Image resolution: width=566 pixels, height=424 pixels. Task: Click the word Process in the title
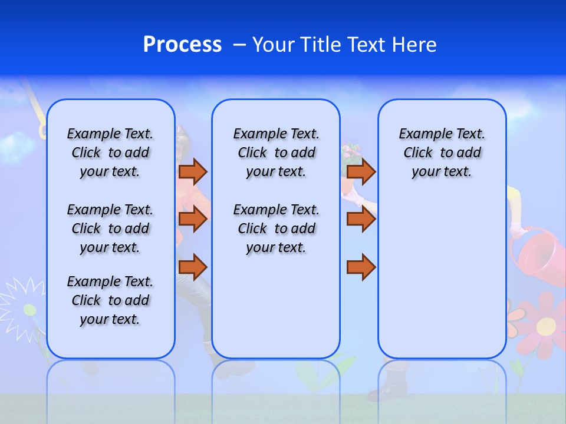(x=182, y=45)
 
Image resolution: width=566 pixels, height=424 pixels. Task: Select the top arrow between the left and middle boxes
(x=193, y=171)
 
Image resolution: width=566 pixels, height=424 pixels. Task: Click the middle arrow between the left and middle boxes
(x=193, y=219)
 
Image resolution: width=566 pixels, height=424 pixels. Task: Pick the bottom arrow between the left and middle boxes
(x=193, y=267)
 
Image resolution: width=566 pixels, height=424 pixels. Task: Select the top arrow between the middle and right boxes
(x=361, y=171)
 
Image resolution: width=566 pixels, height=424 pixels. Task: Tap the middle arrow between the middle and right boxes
(x=361, y=219)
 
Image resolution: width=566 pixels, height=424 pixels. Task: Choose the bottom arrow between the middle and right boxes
(x=361, y=267)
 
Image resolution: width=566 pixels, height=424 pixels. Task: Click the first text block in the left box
(x=110, y=153)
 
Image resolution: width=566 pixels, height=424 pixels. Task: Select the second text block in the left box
(x=110, y=228)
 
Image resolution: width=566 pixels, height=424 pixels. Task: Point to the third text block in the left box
(x=110, y=300)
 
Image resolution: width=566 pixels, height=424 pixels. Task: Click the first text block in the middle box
(x=276, y=153)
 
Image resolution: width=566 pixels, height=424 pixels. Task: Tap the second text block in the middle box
(x=276, y=228)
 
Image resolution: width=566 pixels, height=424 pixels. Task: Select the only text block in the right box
(x=442, y=153)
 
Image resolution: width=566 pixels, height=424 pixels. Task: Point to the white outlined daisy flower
(x=24, y=303)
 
